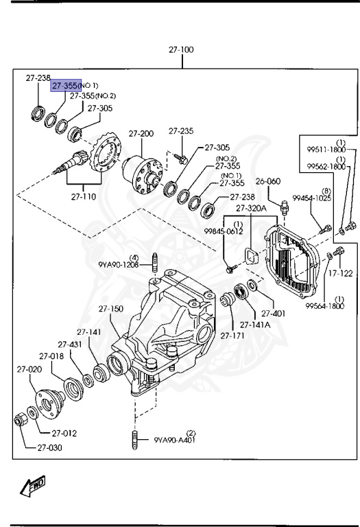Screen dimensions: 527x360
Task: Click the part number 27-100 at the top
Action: pos(182,50)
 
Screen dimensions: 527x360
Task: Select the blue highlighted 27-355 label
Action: pos(66,85)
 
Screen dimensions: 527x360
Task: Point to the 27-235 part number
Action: pos(181,130)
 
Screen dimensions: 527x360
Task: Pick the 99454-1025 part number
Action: pos(313,198)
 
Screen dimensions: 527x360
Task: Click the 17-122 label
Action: pos(340,273)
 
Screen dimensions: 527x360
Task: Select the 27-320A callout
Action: pos(251,208)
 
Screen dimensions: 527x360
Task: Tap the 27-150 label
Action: pos(110,309)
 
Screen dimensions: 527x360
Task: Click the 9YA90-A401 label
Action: pos(175,440)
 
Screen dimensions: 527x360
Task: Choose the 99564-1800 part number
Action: pos(325,305)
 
